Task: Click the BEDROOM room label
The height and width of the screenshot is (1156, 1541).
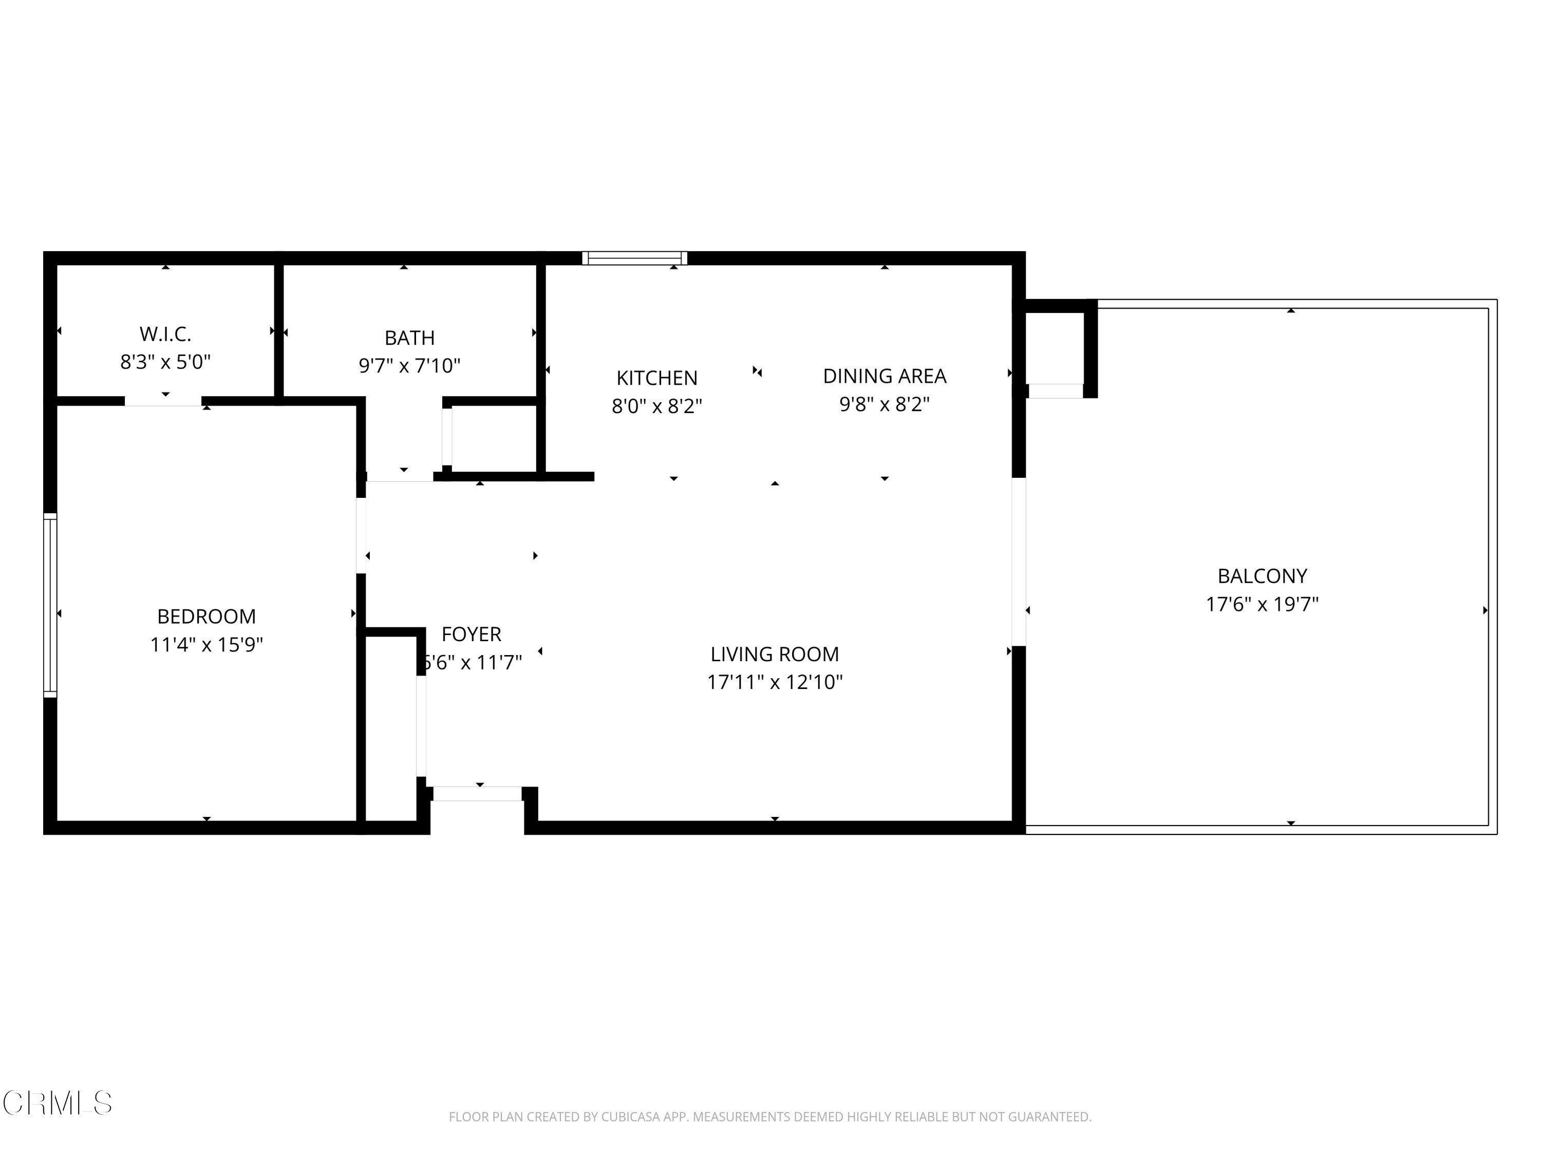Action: pos(206,617)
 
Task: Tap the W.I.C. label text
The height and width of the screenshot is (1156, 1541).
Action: pos(165,334)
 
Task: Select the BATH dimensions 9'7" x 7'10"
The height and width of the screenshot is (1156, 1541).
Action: pos(409,365)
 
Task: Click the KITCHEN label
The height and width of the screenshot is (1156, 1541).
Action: pos(657,378)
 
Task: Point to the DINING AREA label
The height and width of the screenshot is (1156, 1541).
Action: pos(885,376)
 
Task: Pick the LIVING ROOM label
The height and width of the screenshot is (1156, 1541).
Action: pos(775,655)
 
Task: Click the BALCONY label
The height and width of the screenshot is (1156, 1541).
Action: pos(1263,576)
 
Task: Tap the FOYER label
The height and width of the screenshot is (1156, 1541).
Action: pos(472,634)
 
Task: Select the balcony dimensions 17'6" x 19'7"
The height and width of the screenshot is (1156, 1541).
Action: pos(1263,604)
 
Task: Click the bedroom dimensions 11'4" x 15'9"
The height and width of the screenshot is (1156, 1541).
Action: pos(206,645)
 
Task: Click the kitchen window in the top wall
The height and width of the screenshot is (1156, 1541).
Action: pos(635,258)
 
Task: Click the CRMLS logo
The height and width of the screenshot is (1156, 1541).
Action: pos(57,1103)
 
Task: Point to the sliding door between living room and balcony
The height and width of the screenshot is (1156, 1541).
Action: pos(1019,562)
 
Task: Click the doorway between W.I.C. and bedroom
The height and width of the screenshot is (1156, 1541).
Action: pos(163,401)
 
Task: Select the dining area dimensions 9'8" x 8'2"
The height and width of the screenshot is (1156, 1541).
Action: pos(885,404)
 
